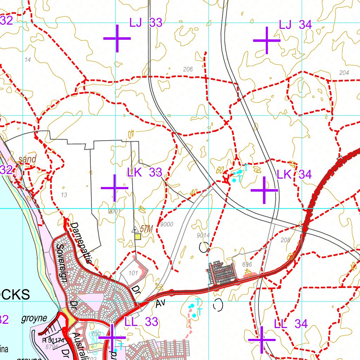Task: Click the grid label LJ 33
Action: point(146,23)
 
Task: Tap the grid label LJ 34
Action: point(295,25)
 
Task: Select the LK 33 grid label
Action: point(144,172)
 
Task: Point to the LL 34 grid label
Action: point(291,324)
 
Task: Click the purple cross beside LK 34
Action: point(264,190)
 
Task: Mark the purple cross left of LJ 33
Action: point(117,38)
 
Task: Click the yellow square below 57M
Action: point(138,237)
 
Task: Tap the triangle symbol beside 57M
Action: point(135,230)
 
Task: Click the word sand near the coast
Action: point(27,159)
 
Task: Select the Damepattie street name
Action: point(81,243)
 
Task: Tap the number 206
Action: point(188,69)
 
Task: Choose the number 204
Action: point(344,73)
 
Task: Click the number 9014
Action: point(203,235)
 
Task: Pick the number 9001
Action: point(115,211)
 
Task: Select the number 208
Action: point(286,240)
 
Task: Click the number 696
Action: point(247,264)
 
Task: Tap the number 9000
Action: point(166,224)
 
